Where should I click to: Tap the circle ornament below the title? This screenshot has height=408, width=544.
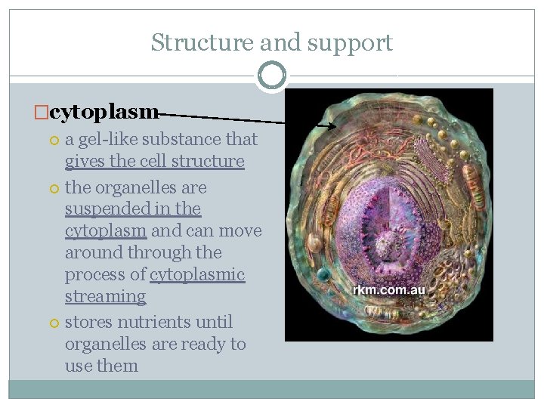click(271, 76)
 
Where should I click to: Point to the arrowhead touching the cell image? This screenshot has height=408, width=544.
click(331, 126)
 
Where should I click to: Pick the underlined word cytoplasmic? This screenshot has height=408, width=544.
click(197, 274)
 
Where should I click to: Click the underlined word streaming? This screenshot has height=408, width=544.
click(105, 296)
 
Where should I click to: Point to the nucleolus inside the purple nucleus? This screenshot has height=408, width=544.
click(393, 245)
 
